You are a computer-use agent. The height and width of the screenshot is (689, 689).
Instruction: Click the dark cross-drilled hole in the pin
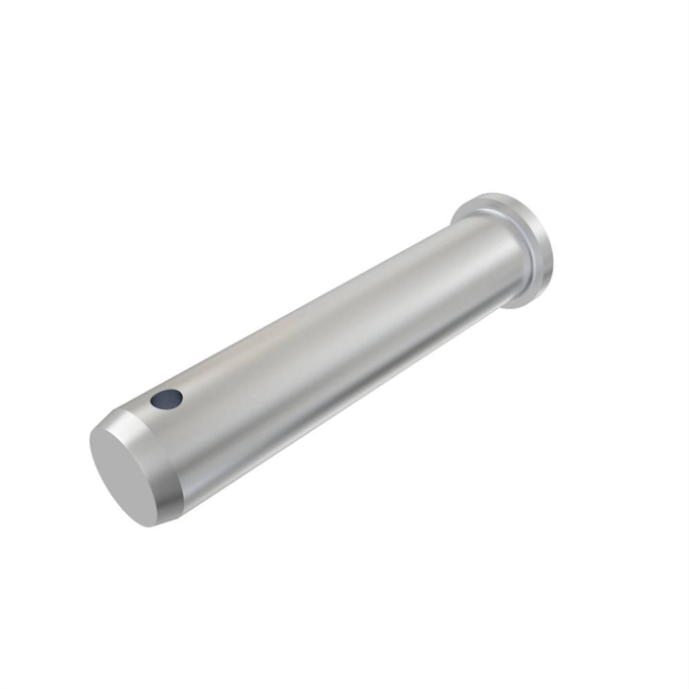167,399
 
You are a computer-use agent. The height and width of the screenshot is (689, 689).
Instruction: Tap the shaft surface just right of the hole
197,389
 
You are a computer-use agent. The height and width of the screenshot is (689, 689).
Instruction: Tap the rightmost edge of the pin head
552,251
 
